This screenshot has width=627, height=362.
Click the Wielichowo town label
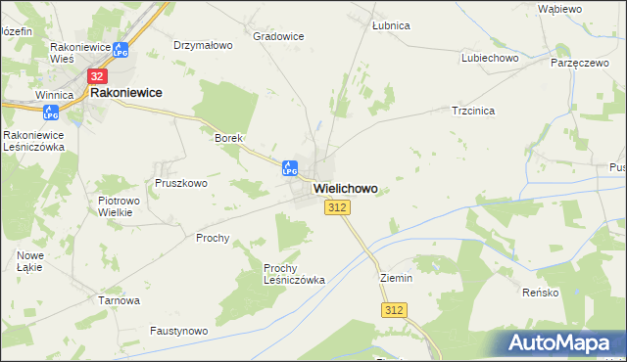click(345, 188)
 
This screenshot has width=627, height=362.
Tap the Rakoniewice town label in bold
click(125, 92)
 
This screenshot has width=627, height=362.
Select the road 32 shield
click(97, 75)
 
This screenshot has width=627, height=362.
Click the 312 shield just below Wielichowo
click(337, 207)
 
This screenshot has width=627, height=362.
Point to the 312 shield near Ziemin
click(394, 310)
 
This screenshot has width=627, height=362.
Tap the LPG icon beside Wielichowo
click(289, 167)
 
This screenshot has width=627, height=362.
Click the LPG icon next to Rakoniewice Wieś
click(120, 49)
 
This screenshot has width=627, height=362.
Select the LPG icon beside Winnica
click(51, 113)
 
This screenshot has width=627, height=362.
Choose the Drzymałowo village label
click(203, 45)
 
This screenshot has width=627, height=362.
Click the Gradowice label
click(278, 36)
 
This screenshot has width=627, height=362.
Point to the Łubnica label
click(391, 25)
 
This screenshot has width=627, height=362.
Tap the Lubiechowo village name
click(489, 58)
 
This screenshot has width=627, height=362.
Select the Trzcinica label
click(472, 111)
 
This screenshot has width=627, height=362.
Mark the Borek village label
click(228, 138)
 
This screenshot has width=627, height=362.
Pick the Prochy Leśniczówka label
click(294, 273)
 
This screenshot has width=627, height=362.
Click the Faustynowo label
click(179, 331)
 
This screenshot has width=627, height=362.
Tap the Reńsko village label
click(567, 293)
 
